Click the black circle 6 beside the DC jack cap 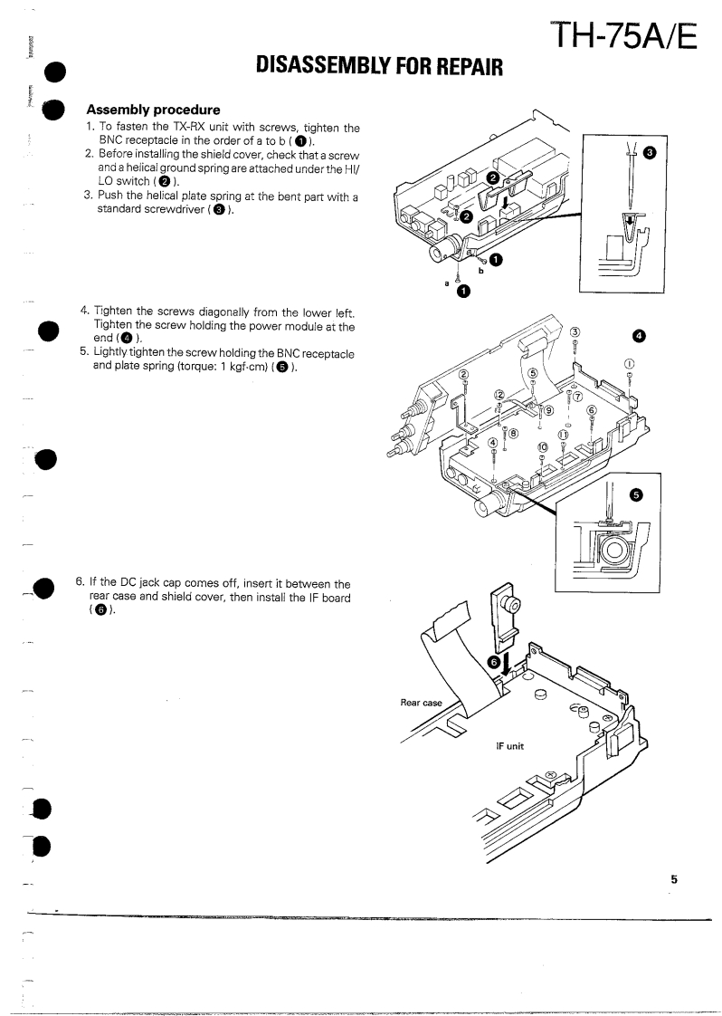[x=494, y=662]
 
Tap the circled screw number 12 [x=499, y=394]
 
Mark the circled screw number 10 [x=543, y=447]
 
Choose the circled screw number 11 [x=561, y=435]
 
